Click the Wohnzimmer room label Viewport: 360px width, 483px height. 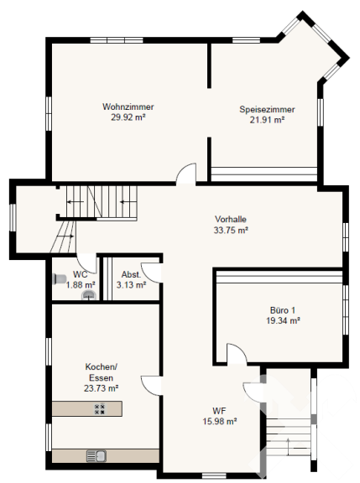click(128, 106)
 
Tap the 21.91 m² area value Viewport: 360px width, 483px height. click(267, 120)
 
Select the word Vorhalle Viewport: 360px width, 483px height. click(231, 220)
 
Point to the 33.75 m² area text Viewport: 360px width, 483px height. click(231, 230)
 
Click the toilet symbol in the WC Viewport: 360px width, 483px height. click(60, 278)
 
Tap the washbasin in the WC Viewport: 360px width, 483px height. click(89, 295)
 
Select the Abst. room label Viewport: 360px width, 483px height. click(131, 274)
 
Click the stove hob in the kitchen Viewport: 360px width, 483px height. click(99, 408)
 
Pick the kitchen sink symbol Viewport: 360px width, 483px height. click(97, 455)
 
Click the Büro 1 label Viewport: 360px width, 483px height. click(282, 310)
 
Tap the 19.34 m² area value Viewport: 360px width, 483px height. click(283, 320)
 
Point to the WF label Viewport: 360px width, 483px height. click(219, 411)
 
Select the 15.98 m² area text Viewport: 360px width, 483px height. click(220, 421)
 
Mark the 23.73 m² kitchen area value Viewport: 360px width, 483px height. click(101, 388)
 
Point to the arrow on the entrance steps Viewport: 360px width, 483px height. click(288, 446)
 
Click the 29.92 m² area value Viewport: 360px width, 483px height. click(128, 117)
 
